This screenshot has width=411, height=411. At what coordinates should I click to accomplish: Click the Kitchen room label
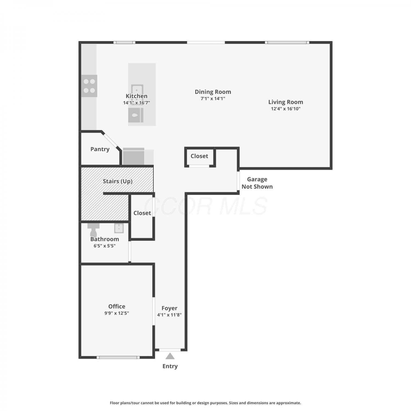click(x=136, y=96)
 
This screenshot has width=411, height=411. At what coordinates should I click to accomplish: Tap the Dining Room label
click(x=213, y=92)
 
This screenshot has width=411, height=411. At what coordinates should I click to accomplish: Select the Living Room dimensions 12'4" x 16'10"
click(x=286, y=109)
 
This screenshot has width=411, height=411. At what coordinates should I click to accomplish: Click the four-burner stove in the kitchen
click(x=89, y=86)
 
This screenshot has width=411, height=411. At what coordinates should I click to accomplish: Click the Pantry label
click(x=100, y=149)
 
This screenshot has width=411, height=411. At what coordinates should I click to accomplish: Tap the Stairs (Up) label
click(x=118, y=181)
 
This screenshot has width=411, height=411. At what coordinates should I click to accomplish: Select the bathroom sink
click(x=119, y=228)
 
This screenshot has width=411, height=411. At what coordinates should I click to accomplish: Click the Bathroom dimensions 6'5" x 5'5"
click(x=104, y=246)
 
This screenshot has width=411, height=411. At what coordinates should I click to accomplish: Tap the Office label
click(x=117, y=306)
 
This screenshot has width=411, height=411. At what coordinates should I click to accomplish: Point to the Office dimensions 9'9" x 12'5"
click(x=116, y=313)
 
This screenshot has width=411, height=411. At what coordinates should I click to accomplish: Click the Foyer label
click(x=169, y=308)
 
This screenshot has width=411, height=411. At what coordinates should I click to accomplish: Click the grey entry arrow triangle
click(x=170, y=356)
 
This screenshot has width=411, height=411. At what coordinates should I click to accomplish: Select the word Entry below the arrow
click(x=170, y=366)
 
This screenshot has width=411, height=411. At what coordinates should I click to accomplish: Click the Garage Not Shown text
click(x=257, y=183)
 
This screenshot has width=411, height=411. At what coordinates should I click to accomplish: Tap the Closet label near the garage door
click(x=199, y=156)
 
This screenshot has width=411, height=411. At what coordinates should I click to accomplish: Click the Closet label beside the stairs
click(x=142, y=213)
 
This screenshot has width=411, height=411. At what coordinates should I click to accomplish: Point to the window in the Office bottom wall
click(x=118, y=357)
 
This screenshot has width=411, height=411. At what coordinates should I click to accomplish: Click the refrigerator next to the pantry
click(x=133, y=156)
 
